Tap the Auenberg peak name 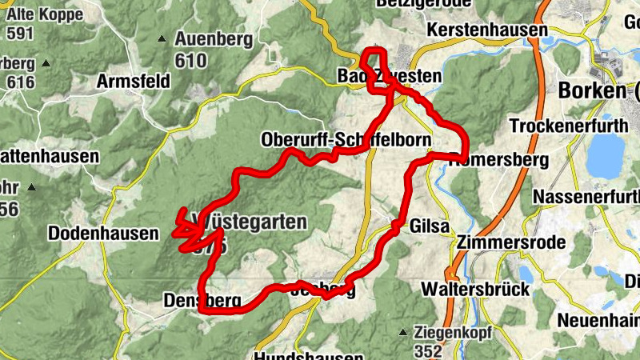(214, 39)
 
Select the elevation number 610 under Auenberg (190, 60)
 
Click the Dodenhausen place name (93, 234)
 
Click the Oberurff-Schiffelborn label (346, 140)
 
